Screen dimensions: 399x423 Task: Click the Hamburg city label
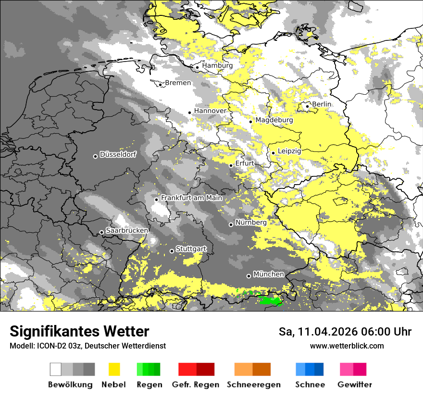(217, 65)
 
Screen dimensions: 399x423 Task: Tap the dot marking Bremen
(161, 85)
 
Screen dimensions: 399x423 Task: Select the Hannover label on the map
(210, 111)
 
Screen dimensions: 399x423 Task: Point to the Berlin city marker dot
(308, 106)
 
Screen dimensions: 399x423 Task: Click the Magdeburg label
(274, 120)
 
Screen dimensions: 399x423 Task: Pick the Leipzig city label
(289, 151)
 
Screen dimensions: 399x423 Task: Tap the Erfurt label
(244, 163)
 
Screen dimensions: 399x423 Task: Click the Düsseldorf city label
(118, 155)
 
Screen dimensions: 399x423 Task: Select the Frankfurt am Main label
(191, 198)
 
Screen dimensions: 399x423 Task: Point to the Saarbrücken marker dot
(101, 233)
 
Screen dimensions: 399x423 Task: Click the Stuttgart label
(191, 249)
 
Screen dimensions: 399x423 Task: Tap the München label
(269, 274)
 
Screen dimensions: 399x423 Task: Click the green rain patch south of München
(270, 301)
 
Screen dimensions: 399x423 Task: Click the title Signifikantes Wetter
(79, 331)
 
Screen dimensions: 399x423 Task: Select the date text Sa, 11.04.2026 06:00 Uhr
(345, 332)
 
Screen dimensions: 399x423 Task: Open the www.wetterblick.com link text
(347, 346)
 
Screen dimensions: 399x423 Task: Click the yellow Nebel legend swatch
(114, 369)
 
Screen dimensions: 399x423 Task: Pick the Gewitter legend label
(355, 385)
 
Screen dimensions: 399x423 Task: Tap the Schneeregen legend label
(254, 385)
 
